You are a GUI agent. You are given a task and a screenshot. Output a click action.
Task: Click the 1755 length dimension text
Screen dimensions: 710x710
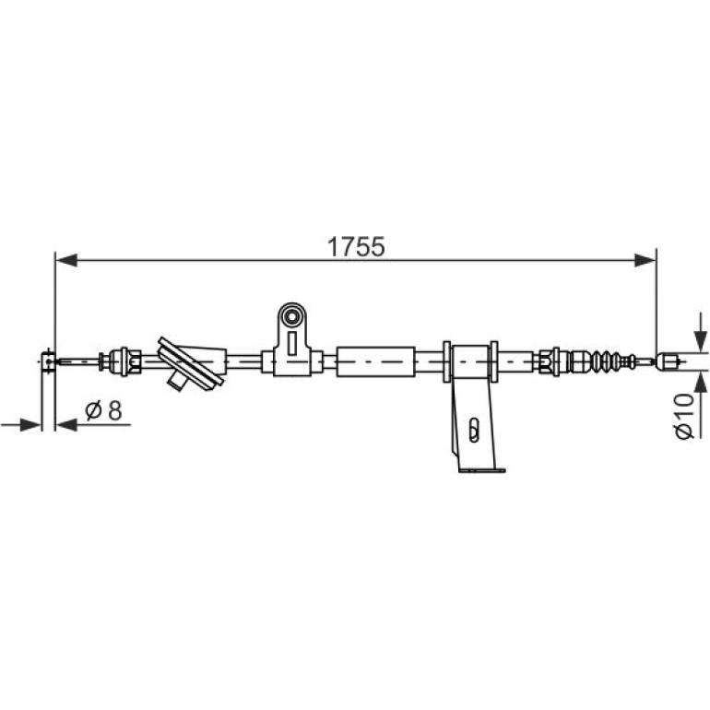tap(356, 247)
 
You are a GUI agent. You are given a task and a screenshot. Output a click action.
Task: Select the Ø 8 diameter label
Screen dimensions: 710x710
tap(103, 410)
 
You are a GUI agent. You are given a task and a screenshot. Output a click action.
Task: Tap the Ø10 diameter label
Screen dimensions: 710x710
tap(684, 416)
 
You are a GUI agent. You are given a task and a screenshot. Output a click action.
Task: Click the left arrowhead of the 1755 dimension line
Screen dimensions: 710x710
tap(66, 260)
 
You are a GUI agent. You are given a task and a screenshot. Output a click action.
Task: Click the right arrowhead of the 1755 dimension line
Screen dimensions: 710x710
tap(645, 260)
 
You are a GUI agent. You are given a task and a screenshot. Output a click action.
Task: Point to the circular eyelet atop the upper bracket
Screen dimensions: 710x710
tap(291, 316)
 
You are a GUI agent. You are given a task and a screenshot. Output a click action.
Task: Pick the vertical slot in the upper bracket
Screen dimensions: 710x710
tap(292, 343)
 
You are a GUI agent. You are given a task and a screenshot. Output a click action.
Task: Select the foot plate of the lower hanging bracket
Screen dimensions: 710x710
tap(481, 470)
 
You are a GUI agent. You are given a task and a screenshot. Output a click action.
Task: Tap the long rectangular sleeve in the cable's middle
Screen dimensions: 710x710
tap(376, 361)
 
